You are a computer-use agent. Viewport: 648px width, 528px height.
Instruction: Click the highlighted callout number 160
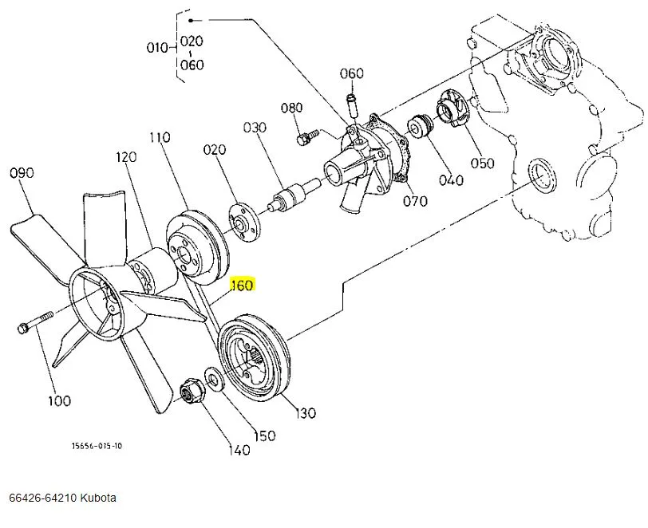click(x=241, y=286)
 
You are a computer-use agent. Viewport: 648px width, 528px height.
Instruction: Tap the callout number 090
click(x=22, y=171)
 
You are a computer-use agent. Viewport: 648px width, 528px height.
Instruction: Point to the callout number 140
click(x=239, y=450)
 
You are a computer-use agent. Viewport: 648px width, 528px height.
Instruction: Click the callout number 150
click(x=264, y=435)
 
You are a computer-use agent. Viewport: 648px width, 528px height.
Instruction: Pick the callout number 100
click(x=59, y=400)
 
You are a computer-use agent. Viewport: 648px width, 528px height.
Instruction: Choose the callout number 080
click(x=292, y=108)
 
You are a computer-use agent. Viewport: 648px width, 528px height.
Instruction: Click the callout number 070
click(x=415, y=201)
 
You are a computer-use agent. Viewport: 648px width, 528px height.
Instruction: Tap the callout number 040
click(x=451, y=180)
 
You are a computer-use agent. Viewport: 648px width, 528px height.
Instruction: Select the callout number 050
click(x=483, y=164)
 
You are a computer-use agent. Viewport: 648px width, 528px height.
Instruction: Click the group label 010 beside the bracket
click(x=157, y=47)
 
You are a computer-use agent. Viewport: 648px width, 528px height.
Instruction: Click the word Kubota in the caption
click(x=99, y=498)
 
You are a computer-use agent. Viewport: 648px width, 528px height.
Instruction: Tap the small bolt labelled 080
click(x=304, y=138)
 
